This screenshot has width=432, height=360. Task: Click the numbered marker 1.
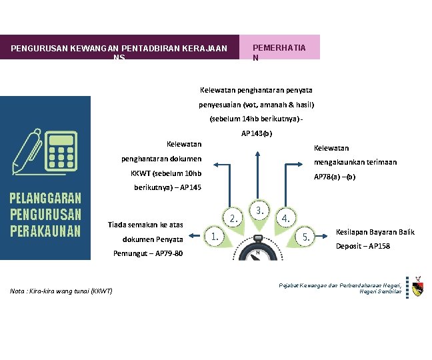pyautogui.click(x=213, y=235)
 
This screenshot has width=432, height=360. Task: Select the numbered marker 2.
pyautogui.click(x=233, y=218)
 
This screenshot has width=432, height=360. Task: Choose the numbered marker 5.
pyautogui.click(x=305, y=236)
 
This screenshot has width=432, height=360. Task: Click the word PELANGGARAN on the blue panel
pyautogui.click(x=45, y=199)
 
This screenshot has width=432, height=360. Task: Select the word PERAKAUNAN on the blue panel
pyautogui.click(x=45, y=231)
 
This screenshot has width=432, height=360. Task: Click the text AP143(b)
pyautogui.click(x=257, y=133)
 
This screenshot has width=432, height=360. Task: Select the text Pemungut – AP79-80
pyautogui.click(x=148, y=254)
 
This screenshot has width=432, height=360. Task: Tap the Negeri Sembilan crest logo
pyautogui.click(x=417, y=287)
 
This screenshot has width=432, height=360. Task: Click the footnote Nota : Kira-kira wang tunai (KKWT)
pyautogui.click(x=61, y=291)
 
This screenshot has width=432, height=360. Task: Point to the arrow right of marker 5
pyautogui.click(x=324, y=235)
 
